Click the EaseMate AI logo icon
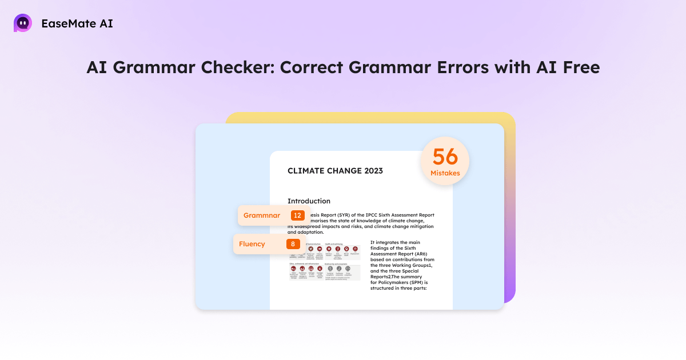[23, 23]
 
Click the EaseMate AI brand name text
[77, 24]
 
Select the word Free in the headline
[577, 67]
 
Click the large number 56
[445, 158]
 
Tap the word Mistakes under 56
[445, 173]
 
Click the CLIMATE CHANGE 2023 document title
[335, 171]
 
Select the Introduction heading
[309, 201]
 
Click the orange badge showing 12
[297, 215]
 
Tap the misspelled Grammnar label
[262, 215]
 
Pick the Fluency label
[252, 244]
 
